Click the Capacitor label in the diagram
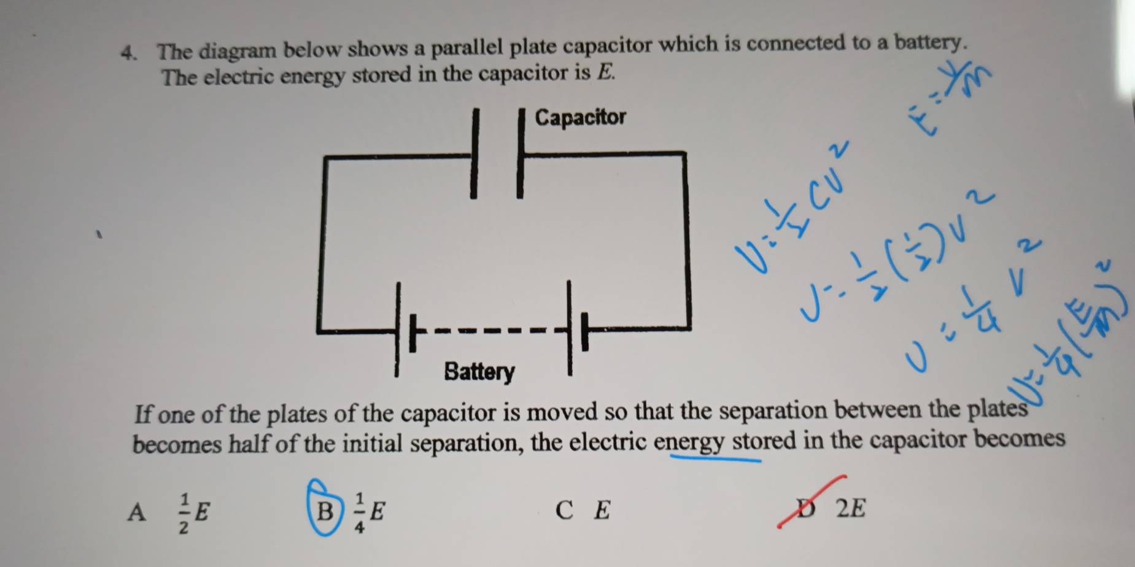(x=580, y=117)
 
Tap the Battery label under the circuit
(x=479, y=372)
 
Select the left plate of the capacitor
(x=473, y=153)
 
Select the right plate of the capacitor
(x=521, y=153)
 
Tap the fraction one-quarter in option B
(x=360, y=512)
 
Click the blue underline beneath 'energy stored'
(x=715, y=457)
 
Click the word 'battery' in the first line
(x=926, y=43)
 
